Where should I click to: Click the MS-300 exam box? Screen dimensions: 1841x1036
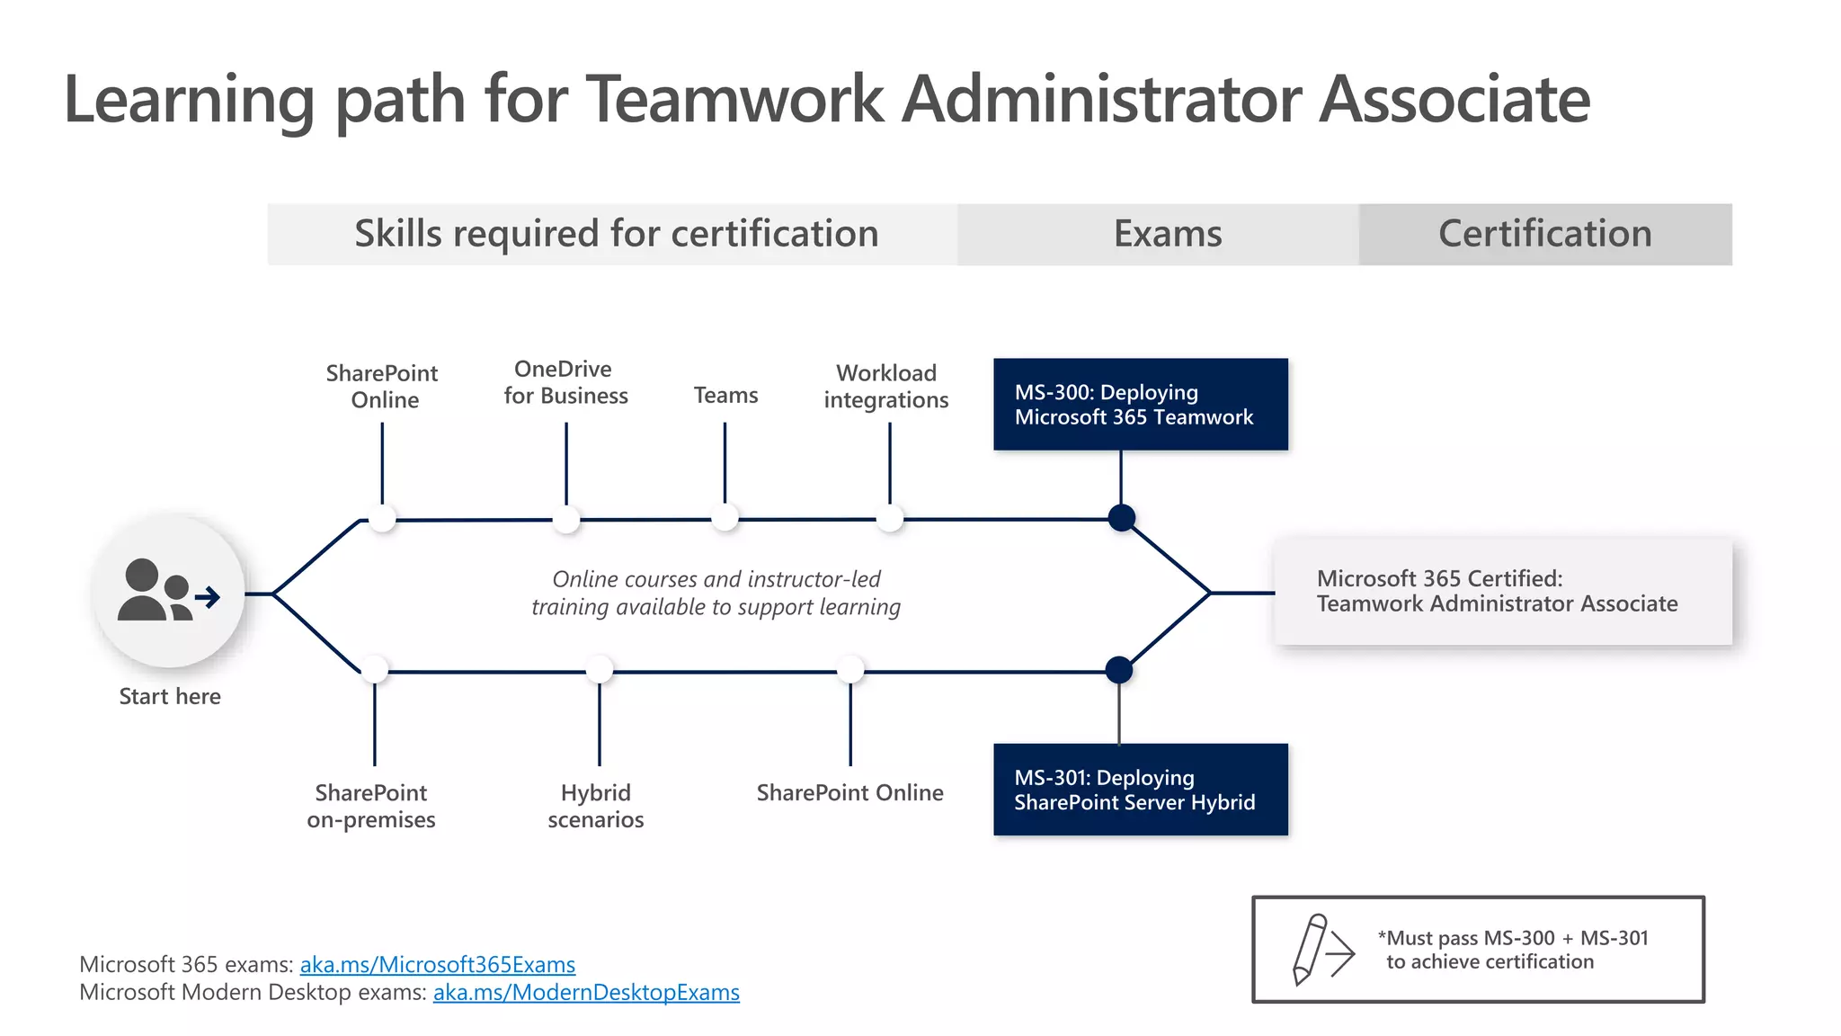point(1140,404)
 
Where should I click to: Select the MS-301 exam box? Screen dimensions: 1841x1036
point(1140,790)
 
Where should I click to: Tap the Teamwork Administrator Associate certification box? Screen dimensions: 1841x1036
point(1502,592)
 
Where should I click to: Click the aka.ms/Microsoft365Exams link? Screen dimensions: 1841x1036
point(437,964)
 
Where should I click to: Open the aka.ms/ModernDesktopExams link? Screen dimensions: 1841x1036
point(586,992)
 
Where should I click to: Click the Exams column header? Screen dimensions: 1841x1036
point(1167,234)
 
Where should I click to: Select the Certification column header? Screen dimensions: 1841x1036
point(1544,234)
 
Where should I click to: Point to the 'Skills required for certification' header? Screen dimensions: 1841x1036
point(616,234)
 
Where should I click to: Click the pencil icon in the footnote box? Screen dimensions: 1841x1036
point(1310,949)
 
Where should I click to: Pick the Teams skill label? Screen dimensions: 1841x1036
point(725,395)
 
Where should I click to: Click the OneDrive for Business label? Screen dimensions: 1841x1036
point(565,382)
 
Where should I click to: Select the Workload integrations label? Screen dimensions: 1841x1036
point(886,386)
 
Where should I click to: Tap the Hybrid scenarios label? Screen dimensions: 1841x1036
point(596,806)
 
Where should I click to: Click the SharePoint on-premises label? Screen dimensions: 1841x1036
point(371,806)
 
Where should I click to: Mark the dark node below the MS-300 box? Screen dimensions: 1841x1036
point(1121,518)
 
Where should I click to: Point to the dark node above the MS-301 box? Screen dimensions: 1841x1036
point(1119,670)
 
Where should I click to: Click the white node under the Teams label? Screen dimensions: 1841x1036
point(725,518)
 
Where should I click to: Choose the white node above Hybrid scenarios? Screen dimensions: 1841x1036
point(600,670)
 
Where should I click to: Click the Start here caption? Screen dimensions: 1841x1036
point(170,696)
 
